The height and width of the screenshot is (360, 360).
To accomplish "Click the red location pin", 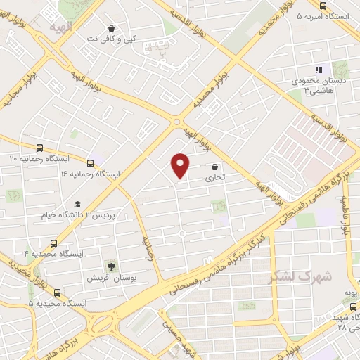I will pos(181,165).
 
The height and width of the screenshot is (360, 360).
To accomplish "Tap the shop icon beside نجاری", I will pos(214,167).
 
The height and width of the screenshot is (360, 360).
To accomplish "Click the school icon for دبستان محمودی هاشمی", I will pos(319,70).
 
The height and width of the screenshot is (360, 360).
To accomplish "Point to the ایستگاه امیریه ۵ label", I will pos(327,15).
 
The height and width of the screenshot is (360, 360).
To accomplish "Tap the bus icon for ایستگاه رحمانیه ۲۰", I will pos(39,148).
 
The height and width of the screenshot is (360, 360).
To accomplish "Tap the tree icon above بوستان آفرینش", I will pos(110,266).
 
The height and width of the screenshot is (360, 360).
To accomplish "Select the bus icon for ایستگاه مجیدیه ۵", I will pos(57,292).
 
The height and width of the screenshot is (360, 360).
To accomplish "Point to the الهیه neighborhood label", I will pos(60,27).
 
